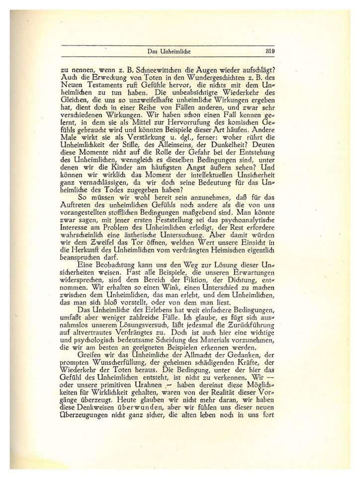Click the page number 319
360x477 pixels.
273,51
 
